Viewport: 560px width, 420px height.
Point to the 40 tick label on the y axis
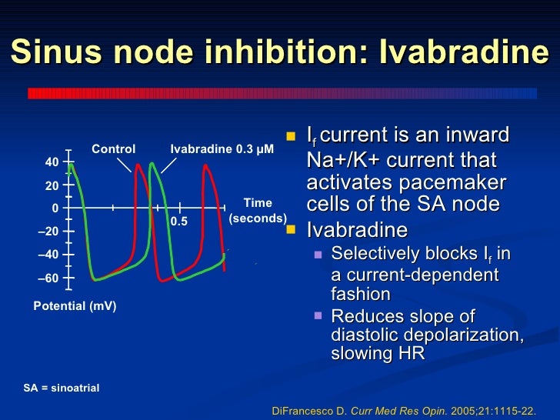[x=52, y=162]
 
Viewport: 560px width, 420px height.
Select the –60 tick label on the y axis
[x=48, y=278]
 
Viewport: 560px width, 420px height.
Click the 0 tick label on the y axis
[x=55, y=208]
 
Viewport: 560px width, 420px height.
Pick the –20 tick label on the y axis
[x=48, y=232]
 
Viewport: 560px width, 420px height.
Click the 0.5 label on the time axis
[x=179, y=222]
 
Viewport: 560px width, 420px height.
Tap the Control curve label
[x=114, y=149]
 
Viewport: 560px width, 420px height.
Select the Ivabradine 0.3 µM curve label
[x=222, y=149]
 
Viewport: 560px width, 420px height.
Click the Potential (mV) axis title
[x=75, y=306]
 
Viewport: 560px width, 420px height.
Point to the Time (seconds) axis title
[x=258, y=211]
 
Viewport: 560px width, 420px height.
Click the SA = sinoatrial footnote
[x=62, y=388]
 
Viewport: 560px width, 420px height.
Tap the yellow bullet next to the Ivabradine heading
[x=291, y=230]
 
